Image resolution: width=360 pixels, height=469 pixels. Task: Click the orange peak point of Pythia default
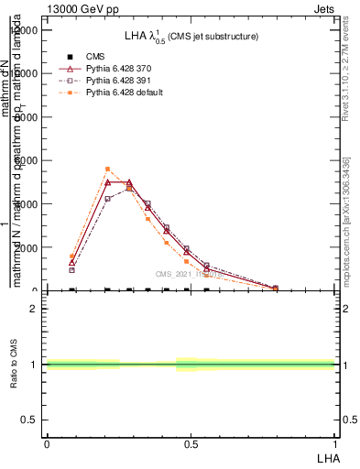(x=107, y=169)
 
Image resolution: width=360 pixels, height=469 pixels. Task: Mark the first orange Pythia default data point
(x=72, y=256)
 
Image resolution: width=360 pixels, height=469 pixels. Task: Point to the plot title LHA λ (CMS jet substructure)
(x=191, y=36)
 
